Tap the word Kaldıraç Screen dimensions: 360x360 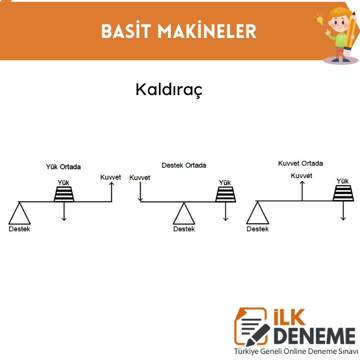point(169,90)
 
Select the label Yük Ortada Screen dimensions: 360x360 point(63,167)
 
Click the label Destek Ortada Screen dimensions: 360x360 point(184,165)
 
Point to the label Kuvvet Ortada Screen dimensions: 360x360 point(300,163)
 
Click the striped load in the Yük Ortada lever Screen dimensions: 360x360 point(64,194)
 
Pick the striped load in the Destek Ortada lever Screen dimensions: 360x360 point(226,194)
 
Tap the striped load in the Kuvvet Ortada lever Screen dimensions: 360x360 point(343,193)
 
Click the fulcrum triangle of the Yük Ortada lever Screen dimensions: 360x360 point(20,214)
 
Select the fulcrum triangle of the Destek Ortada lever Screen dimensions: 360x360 point(184,214)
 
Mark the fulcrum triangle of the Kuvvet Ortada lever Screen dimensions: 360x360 point(258,213)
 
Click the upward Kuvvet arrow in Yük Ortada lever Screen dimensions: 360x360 point(111,192)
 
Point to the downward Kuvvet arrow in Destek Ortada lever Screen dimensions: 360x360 point(140,192)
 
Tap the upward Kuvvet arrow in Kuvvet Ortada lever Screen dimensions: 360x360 point(302,191)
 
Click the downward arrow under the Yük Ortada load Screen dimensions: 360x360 point(64,212)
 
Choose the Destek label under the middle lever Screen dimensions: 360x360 point(184,229)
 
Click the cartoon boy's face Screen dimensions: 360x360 point(338,22)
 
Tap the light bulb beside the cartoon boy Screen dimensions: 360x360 point(320,20)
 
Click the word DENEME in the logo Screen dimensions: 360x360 point(314,336)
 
